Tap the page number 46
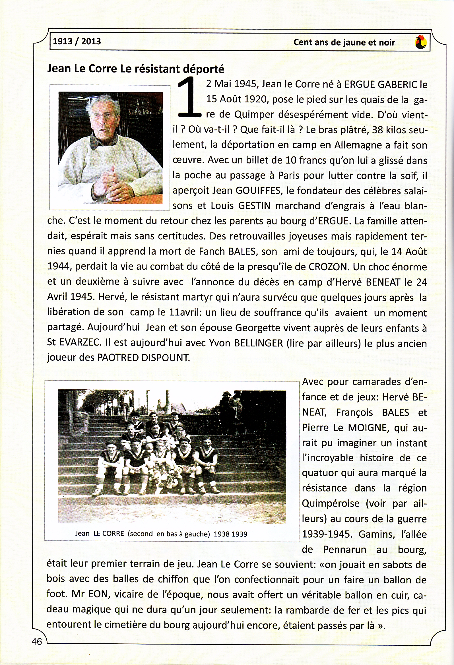[x=37, y=642]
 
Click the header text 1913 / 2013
[x=77, y=42]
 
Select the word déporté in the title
[x=203, y=69]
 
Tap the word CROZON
[x=328, y=267]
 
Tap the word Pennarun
[x=345, y=550]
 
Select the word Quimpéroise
[x=331, y=504]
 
